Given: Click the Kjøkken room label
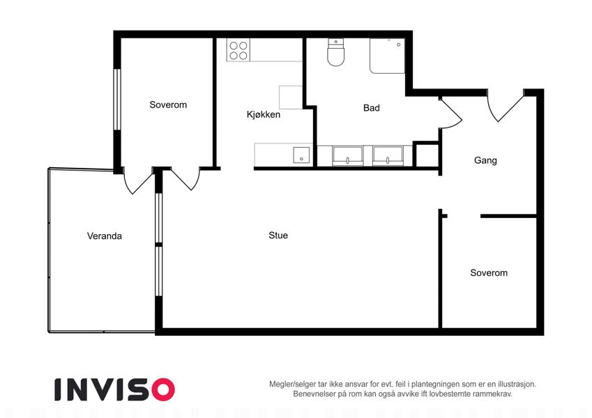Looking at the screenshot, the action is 263,114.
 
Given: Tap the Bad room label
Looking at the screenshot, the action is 371,108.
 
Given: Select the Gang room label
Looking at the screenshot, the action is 485,160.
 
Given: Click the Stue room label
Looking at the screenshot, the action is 278,235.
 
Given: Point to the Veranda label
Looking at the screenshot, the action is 104,236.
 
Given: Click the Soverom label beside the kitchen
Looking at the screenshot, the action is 168,104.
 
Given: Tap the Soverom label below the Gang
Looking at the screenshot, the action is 489,273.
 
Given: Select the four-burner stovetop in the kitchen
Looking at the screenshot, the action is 238,50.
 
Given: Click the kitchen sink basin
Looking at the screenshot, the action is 301,155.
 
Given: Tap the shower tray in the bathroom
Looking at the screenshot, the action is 387,56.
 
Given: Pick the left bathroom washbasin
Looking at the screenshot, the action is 348,156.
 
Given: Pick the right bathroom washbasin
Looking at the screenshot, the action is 388,156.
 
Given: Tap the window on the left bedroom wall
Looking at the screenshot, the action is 117,100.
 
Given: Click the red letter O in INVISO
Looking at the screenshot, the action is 162,389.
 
